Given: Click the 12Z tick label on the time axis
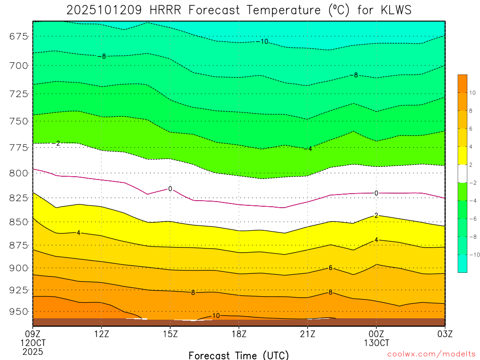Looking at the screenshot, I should click(102, 334).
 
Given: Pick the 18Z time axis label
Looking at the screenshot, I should click(239, 334).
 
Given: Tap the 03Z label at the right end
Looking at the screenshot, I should click(444, 334).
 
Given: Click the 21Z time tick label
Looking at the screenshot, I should click(307, 334).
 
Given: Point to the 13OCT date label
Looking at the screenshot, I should click(376, 343).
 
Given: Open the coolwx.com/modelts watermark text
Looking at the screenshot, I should click(431, 354).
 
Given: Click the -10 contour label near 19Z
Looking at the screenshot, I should click(263, 42).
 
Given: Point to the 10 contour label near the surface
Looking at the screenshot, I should click(216, 316).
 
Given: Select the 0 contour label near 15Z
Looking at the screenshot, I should click(170, 189).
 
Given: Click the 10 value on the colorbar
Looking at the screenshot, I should click(472, 93).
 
